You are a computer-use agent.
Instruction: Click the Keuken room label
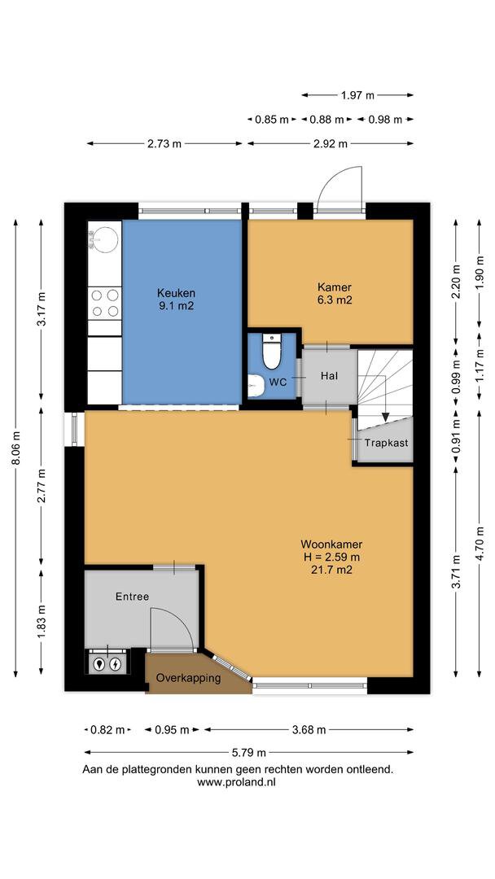[x=176, y=293]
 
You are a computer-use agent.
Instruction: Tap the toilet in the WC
[x=272, y=352]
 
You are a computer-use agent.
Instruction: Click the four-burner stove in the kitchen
[x=105, y=304]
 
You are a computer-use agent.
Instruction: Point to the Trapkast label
[x=386, y=443]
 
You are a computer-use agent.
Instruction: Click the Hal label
[x=330, y=375]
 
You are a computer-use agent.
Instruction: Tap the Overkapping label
[x=188, y=678]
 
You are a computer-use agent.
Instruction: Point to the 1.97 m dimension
[x=357, y=95]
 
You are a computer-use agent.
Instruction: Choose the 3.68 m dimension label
[x=309, y=730]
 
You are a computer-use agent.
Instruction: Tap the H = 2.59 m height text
[x=331, y=558]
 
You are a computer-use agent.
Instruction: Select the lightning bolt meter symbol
[x=116, y=664]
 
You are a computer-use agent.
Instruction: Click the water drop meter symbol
[x=100, y=664]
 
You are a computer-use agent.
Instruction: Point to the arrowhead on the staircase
[x=385, y=417]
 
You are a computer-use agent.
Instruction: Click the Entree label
[x=133, y=597]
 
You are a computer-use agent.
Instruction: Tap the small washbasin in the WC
[x=256, y=386]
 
